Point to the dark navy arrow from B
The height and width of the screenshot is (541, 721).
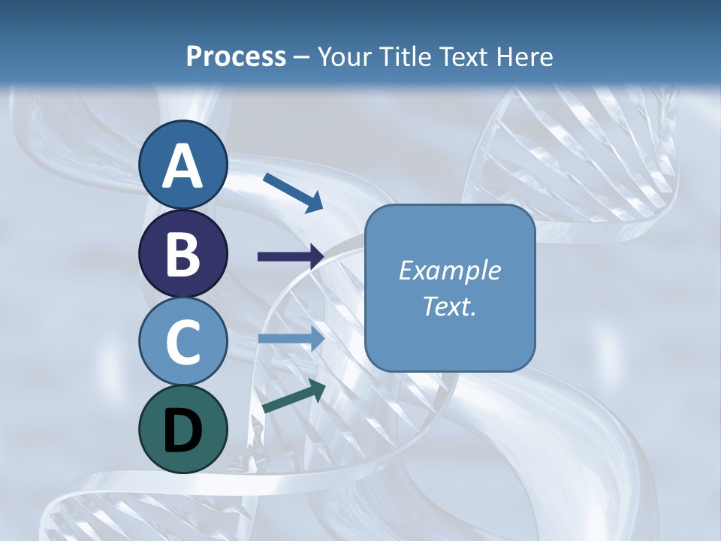[x=291, y=256]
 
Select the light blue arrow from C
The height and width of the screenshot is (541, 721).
[x=291, y=338]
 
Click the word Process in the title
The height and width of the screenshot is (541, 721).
[x=236, y=56]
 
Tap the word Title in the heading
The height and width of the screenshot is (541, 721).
[x=404, y=56]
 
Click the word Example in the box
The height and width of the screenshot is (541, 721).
[x=449, y=270]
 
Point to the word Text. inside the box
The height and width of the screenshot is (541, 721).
[x=449, y=306]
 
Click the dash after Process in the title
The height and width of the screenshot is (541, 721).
[x=302, y=57]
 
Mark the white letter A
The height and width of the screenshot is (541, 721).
[x=183, y=166]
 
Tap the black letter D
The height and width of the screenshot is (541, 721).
[x=183, y=431]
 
